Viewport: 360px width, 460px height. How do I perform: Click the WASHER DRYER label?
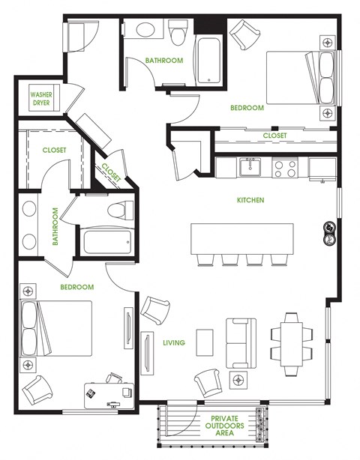(40, 100)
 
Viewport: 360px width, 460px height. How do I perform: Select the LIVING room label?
(174, 343)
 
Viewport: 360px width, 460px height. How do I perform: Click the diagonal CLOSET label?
(111, 173)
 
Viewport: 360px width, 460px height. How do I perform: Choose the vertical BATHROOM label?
(56, 227)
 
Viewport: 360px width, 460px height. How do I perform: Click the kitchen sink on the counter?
(250, 167)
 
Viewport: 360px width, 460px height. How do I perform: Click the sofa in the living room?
(241, 341)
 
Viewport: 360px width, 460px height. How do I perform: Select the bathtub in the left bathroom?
(107, 242)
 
